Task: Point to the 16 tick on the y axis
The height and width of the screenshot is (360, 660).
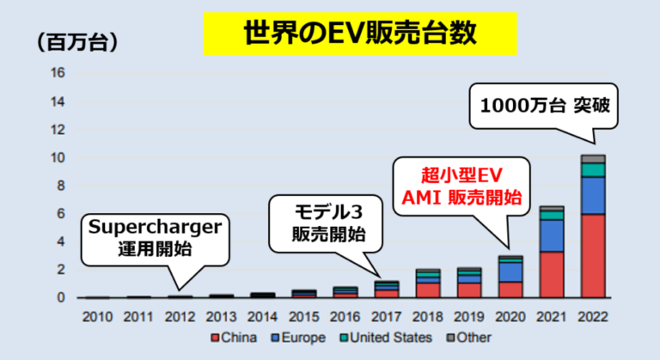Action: point(58,73)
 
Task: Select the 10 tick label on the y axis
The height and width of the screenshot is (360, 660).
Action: point(58,157)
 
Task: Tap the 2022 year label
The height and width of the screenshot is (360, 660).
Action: point(592,316)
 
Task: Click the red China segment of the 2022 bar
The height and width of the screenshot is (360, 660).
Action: point(592,256)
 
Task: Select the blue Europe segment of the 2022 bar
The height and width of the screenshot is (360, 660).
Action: point(592,195)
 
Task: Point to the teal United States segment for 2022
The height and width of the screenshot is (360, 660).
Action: point(592,169)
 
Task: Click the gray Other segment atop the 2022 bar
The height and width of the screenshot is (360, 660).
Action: point(592,159)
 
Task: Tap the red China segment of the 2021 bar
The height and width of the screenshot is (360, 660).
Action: point(551,274)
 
